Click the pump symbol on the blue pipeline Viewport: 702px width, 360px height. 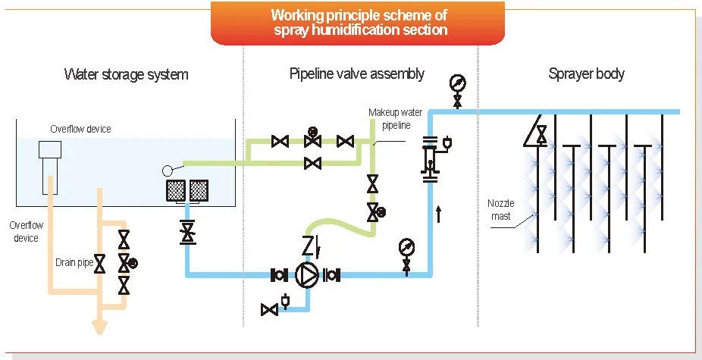[307, 275]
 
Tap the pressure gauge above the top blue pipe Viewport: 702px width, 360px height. [458, 83]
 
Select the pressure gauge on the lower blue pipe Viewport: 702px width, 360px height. [406, 247]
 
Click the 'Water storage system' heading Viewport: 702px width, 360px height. [127, 74]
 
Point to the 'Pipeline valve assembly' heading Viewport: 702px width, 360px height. [357, 74]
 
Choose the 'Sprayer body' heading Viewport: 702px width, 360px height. [586, 74]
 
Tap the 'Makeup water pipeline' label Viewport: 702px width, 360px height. [390, 119]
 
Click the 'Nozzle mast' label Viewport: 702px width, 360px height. [501, 209]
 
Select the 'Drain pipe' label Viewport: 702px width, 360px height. [74, 262]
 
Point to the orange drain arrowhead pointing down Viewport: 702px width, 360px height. [99, 327]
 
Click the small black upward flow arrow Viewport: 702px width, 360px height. [438, 213]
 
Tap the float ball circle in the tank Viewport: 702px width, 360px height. [168, 171]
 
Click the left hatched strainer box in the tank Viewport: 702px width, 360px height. [176, 191]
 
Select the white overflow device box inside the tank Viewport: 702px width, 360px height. [50, 149]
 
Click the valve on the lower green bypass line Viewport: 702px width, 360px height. [312, 163]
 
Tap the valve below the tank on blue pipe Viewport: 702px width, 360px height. [187, 232]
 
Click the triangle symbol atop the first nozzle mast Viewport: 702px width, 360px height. [535, 131]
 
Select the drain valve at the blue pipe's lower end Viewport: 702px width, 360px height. [270, 309]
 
